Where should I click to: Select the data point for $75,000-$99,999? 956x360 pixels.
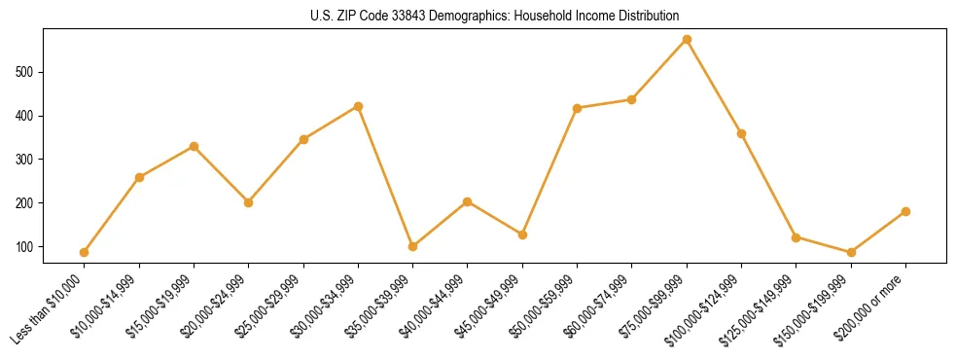point(687,39)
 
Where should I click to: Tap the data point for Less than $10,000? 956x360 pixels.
point(85,252)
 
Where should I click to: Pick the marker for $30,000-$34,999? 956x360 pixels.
point(358,106)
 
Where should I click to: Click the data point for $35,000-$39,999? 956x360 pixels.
point(412,246)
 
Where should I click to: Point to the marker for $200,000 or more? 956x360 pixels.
point(905,211)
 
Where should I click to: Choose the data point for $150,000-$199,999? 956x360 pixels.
point(851,252)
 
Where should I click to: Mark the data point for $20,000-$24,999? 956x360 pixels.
point(248,202)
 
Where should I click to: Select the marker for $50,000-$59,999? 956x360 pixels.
point(577,108)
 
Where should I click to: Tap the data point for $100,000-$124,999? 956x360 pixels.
point(741,133)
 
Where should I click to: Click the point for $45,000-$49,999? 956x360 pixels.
point(522,234)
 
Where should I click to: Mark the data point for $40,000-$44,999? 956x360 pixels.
point(467,201)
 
